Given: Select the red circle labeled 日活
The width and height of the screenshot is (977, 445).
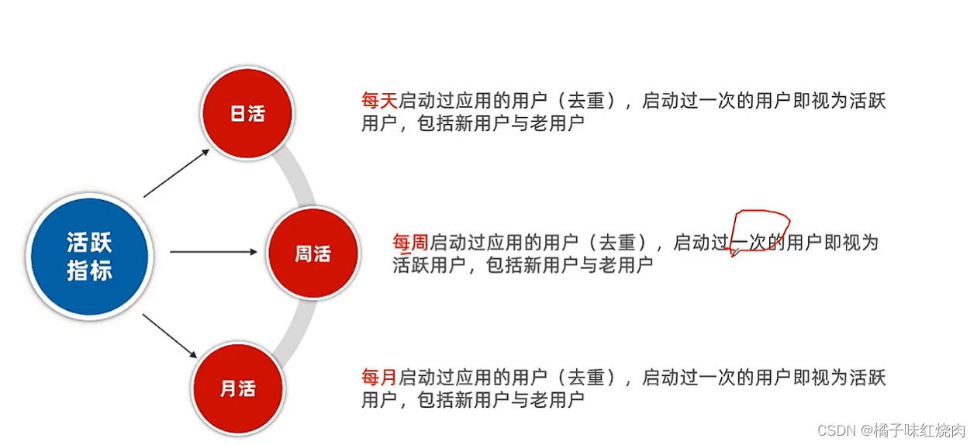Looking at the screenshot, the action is click(x=247, y=113).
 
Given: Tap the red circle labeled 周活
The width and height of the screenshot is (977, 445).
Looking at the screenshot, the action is click(x=312, y=254).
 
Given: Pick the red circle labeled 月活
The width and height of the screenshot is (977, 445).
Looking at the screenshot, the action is click(x=237, y=388).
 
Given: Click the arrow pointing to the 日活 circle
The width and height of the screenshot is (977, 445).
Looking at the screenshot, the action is click(x=177, y=173).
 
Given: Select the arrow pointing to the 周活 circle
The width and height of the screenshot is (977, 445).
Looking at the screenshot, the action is click(x=212, y=251).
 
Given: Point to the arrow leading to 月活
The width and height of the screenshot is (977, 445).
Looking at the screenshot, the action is click(x=171, y=335).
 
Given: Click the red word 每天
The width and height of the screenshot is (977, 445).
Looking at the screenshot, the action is click(x=379, y=102).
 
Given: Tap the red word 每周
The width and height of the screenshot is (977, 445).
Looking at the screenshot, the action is click(x=410, y=243).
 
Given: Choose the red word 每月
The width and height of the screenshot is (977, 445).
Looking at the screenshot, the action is click(x=379, y=378).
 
